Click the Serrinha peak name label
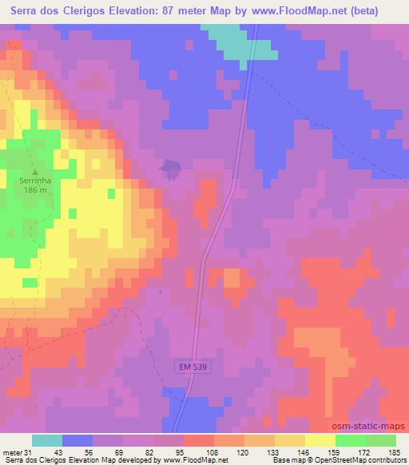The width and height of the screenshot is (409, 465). click(34, 181)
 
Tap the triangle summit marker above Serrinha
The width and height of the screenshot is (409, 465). click(34, 170)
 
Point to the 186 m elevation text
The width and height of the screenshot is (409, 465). click(34, 192)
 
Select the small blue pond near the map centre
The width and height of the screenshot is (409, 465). click(169, 167)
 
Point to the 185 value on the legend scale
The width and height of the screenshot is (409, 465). click(395, 452)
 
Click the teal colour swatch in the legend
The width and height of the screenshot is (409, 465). click(47, 440)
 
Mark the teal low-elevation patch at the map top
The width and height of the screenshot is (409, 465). click(236, 40)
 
